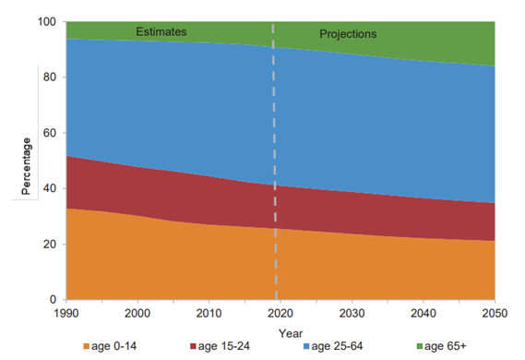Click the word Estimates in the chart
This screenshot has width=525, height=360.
(161, 31)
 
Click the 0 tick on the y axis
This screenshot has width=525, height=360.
(54, 300)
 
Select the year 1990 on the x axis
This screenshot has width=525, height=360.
(66, 315)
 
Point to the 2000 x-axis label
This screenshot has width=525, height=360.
(137, 315)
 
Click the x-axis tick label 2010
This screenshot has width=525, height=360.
(209, 315)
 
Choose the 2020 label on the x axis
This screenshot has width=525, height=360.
(281, 315)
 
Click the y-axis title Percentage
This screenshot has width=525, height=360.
(28, 165)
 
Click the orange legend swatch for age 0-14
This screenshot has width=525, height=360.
(88, 348)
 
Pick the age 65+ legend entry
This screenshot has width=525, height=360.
(441, 348)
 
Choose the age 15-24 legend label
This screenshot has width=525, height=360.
(221, 348)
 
